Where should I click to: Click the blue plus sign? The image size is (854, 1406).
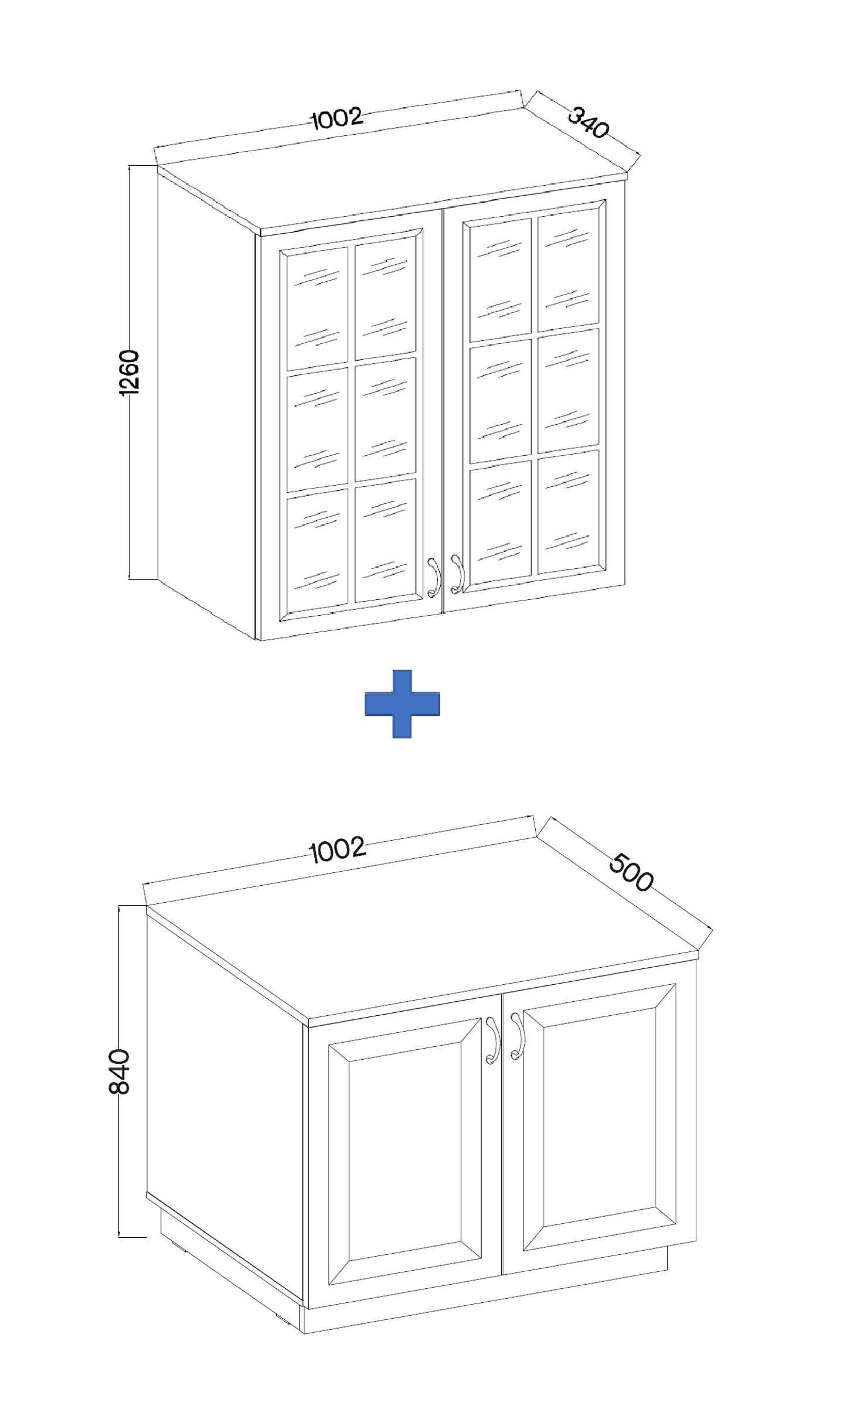[x=402, y=703]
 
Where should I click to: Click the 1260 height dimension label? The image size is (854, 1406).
[x=128, y=373]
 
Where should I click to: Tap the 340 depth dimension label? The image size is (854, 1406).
[x=588, y=122]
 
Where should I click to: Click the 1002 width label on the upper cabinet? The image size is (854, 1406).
[x=337, y=118]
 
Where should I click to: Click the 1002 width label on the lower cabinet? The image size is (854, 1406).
[x=337, y=850]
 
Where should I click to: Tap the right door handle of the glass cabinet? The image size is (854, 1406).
[x=457, y=573]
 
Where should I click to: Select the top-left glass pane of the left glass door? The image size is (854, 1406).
[x=317, y=308]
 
